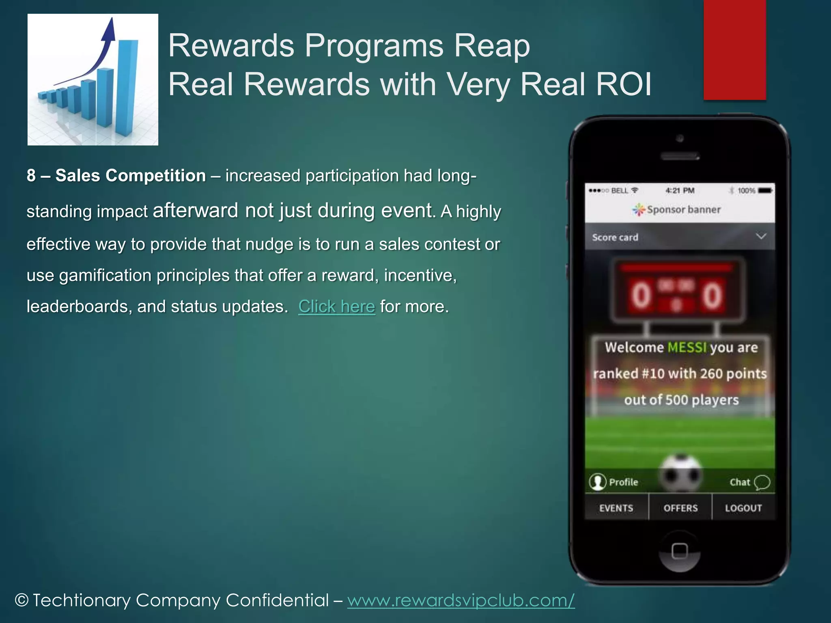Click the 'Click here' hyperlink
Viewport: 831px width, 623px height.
[x=336, y=307]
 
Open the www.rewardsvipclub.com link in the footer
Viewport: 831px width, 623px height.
[x=461, y=600]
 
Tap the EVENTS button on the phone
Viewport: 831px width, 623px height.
[x=616, y=508]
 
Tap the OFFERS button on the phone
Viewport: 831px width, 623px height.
[x=680, y=508]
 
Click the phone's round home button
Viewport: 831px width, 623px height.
[x=680, y=552]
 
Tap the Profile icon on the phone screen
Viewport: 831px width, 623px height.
[x=598, y=482]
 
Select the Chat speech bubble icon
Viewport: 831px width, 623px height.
[x=762, y=482]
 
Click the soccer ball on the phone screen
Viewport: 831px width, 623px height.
[x=680, y=473]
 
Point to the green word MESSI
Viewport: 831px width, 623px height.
[x=687, y=348]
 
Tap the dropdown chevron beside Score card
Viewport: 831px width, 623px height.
[x=761, y=236]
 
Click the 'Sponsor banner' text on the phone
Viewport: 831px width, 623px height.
[x=684, y=210]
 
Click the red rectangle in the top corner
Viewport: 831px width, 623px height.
[x=734, y=49]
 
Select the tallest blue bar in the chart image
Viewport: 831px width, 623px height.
[x=127, y=87]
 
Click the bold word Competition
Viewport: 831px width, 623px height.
[x=156, y=176]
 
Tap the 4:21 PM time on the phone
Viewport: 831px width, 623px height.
[x=680, y=191]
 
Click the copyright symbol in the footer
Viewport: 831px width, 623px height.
[x=22, y=600]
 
